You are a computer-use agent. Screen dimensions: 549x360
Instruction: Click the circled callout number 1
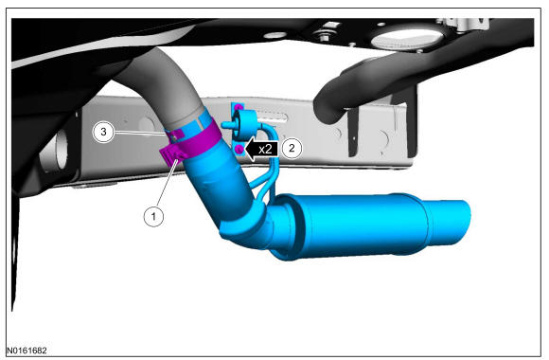point(153,216)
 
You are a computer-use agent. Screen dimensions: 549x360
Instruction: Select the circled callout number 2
point(292,148)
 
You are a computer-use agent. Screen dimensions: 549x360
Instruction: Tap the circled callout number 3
point(103,132)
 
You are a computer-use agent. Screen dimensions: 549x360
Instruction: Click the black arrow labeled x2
point(261,150)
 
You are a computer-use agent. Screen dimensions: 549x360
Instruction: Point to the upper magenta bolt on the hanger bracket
point(239,107)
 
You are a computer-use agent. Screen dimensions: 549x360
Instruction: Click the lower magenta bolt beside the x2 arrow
point(239,150)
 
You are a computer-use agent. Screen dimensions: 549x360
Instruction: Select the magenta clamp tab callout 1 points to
point(171,155)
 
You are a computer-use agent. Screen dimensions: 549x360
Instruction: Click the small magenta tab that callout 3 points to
point(176,134)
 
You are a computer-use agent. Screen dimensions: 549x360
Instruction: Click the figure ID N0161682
point(27,351)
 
